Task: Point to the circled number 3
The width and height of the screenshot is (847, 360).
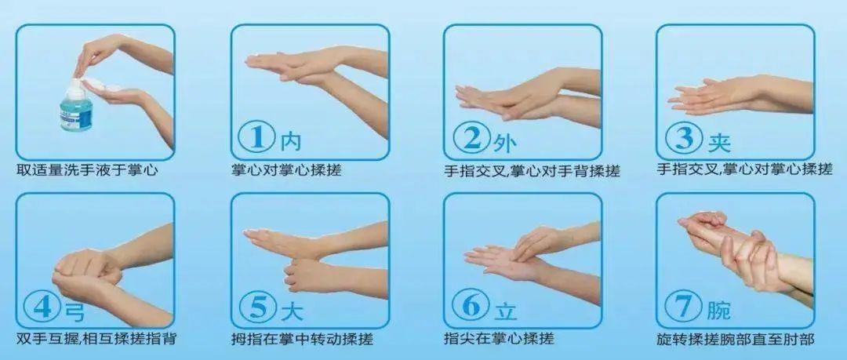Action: pos(684,139)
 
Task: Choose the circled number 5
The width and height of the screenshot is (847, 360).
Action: pos(258,309)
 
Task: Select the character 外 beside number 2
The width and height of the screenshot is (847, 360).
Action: pos(505,143)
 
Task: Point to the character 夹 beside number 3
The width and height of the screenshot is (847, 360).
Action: pos(719,142)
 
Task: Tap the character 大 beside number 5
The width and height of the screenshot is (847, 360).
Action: pos(292,312)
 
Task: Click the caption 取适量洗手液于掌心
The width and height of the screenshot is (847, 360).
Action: pos(88,170)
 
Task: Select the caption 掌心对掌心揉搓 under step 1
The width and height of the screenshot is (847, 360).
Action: pos(286,170)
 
